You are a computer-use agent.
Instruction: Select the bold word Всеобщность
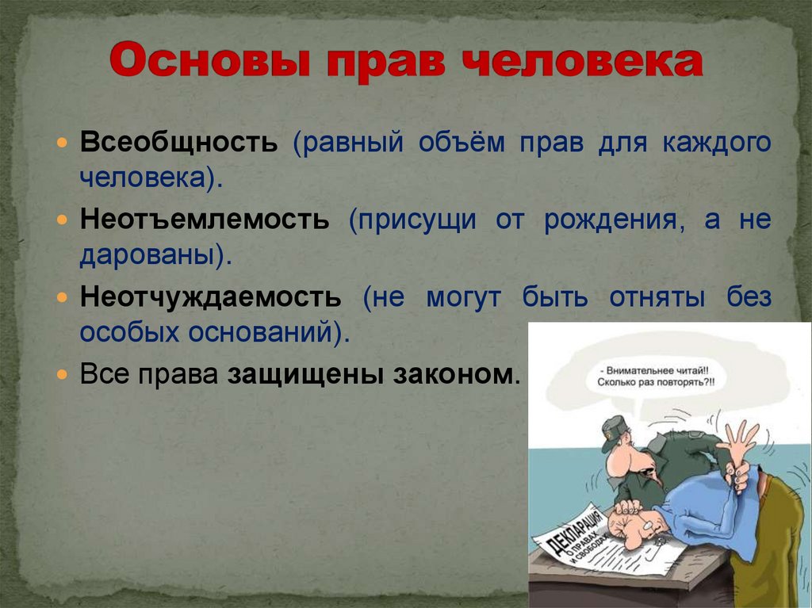click(178, 144)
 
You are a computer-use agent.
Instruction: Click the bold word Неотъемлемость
click(204, 220)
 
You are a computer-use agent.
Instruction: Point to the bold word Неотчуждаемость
click(210, 297)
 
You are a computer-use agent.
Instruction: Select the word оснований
click(269, 333)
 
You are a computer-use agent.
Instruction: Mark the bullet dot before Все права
click(63, 373)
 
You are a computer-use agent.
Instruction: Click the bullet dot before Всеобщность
click(63, 144)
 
